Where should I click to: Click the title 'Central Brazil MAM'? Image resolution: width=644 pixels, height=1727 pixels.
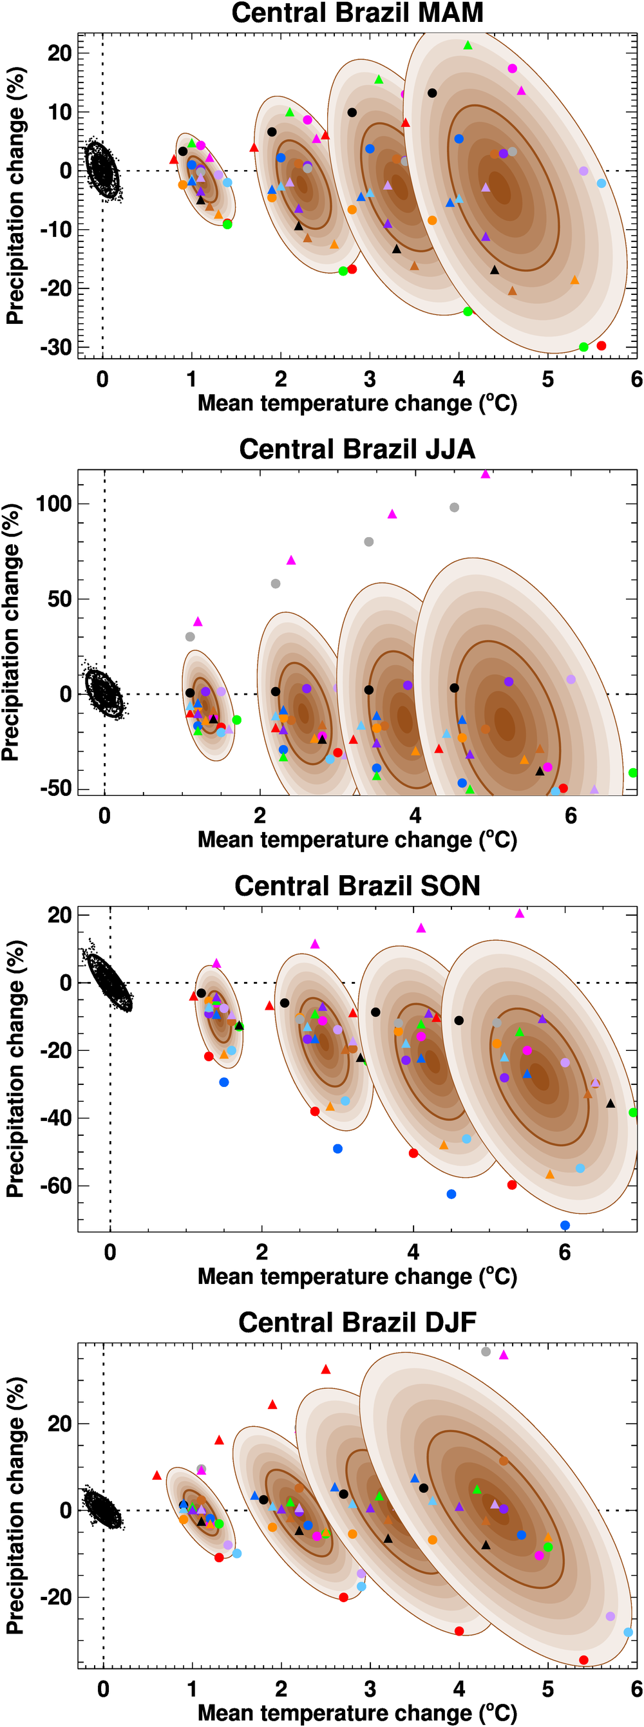[357, 13]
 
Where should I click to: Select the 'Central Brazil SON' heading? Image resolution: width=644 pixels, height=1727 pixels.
[357, 885]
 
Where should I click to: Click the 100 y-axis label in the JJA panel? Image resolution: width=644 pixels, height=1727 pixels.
[53, 504]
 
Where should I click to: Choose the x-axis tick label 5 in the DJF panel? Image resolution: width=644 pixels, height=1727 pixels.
[548, 1689]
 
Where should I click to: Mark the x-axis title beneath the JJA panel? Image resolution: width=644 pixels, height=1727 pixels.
[357, 840]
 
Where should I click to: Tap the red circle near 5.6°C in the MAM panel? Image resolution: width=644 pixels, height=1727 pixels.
[601, 346]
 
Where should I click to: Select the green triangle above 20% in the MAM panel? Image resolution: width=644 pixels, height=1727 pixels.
[468, 46]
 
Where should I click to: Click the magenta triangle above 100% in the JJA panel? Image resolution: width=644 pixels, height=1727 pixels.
[485, 475]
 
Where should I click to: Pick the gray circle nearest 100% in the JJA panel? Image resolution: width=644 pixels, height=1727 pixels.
[454, 507]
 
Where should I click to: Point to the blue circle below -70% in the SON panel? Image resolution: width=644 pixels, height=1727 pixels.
[565, 1225]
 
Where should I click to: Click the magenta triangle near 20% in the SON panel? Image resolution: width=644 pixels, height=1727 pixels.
[519, 914]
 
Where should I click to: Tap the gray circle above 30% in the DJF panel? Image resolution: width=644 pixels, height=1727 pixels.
[486, 1352]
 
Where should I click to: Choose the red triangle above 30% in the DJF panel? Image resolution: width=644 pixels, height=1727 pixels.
[325, 1370]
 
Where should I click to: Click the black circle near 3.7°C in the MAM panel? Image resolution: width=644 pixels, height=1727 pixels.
[432, 93]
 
